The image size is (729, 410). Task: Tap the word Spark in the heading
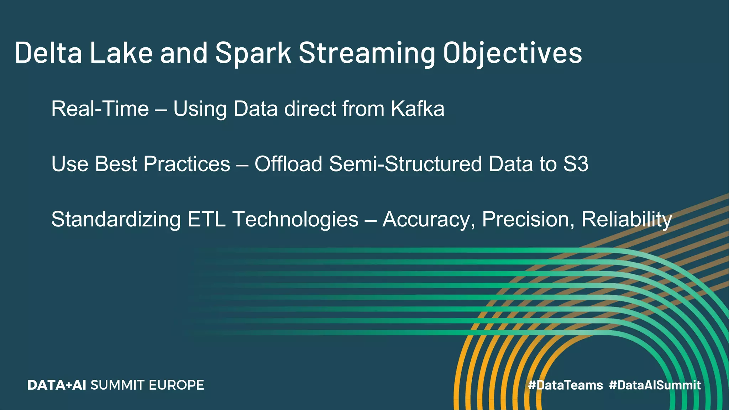click(x=253, y=53)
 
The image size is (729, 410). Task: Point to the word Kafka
click(x=418, y=109)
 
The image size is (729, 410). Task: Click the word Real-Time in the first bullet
click(x=100, y=109)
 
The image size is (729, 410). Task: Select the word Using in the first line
click(x=200, y=109)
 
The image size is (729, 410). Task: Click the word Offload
click(x=288, y=164)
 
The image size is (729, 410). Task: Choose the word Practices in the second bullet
click(x=187, y=164)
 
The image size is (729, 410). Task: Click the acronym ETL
click(x=206, y=219)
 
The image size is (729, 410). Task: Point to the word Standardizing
click(x=116, y=220)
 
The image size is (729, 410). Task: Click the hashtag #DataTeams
click(x=565, y=385)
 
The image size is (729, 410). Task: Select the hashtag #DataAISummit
click(x=655, y=385)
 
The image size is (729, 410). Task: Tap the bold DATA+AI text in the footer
click(x=57, y=385)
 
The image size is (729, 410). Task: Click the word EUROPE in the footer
click(x=176, y=385)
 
